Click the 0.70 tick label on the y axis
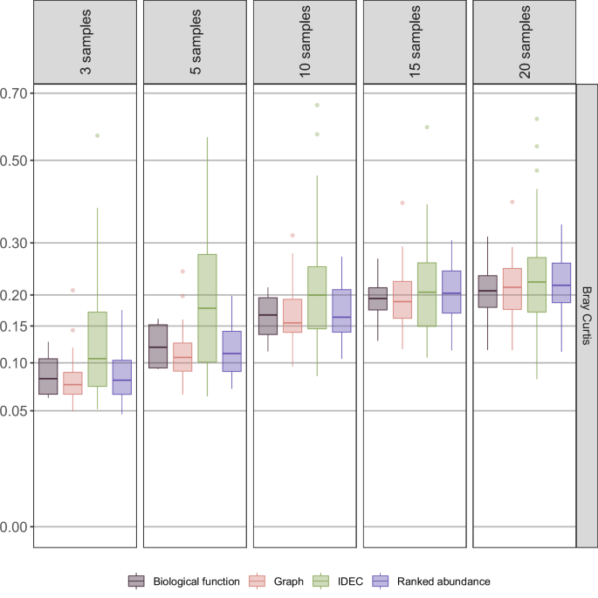pos(16,93)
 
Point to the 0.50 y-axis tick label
pos(16,161)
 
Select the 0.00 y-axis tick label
pos(16,526)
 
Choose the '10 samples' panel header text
pos(306,42)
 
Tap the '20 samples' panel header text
pos(525,42)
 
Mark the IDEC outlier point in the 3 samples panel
pos(97,135)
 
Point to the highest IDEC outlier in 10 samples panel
pos(317,105)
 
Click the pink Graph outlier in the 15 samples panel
pos(402,203)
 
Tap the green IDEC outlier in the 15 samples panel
pos(427,127)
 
